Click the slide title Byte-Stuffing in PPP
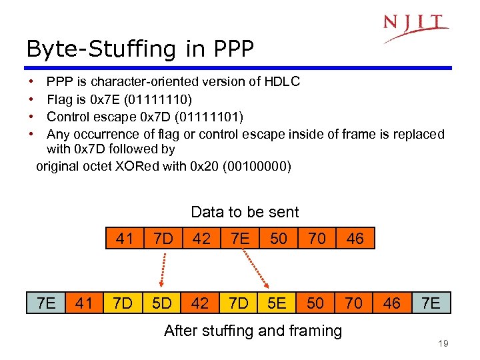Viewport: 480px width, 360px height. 140,48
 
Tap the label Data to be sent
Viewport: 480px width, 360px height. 245,212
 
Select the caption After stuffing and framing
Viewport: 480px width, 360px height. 253,330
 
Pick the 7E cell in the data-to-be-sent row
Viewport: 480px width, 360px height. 240,239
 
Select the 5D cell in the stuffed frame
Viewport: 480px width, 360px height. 162,303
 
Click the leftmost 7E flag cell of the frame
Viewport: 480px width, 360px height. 46,303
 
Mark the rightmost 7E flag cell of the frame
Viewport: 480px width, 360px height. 431,303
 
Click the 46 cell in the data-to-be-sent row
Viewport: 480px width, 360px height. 355,239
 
